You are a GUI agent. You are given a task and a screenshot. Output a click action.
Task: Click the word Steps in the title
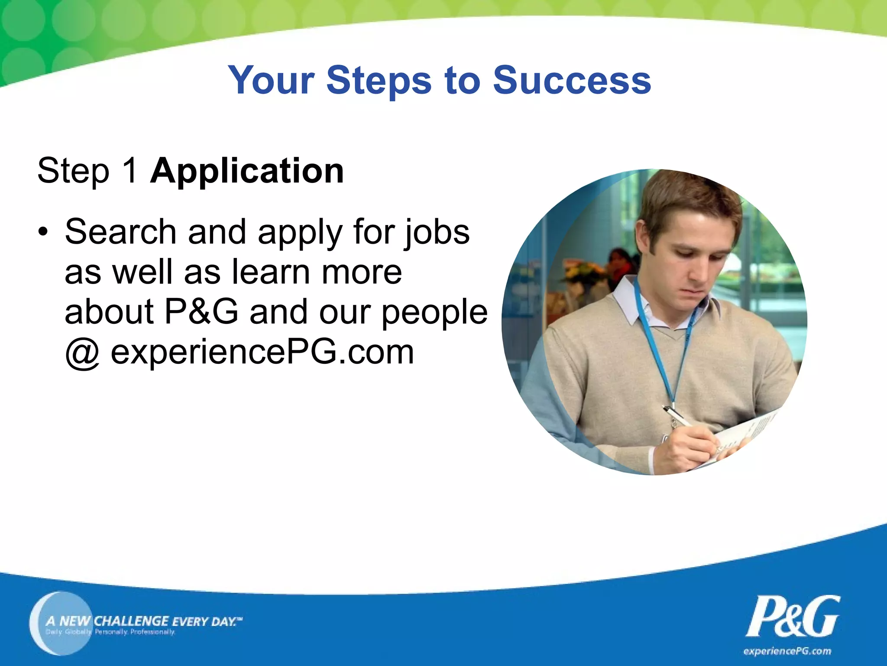[379, 80]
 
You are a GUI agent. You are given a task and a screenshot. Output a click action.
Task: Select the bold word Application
[247, 171]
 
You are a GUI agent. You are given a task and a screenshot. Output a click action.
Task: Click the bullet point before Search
[42, 232]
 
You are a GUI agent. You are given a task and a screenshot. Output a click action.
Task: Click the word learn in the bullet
[271, 272]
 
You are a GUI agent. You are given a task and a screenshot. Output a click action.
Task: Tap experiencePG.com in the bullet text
[262, 352]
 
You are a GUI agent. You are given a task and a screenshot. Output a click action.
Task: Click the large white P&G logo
[793, 617]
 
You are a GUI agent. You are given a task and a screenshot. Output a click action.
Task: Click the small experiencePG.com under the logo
[787, 651]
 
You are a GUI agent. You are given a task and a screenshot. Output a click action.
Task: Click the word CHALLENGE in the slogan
[131, 621]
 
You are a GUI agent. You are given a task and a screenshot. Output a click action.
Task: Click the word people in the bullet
[434, 312]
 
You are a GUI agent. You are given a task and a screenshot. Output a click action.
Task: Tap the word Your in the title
[271, 80]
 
